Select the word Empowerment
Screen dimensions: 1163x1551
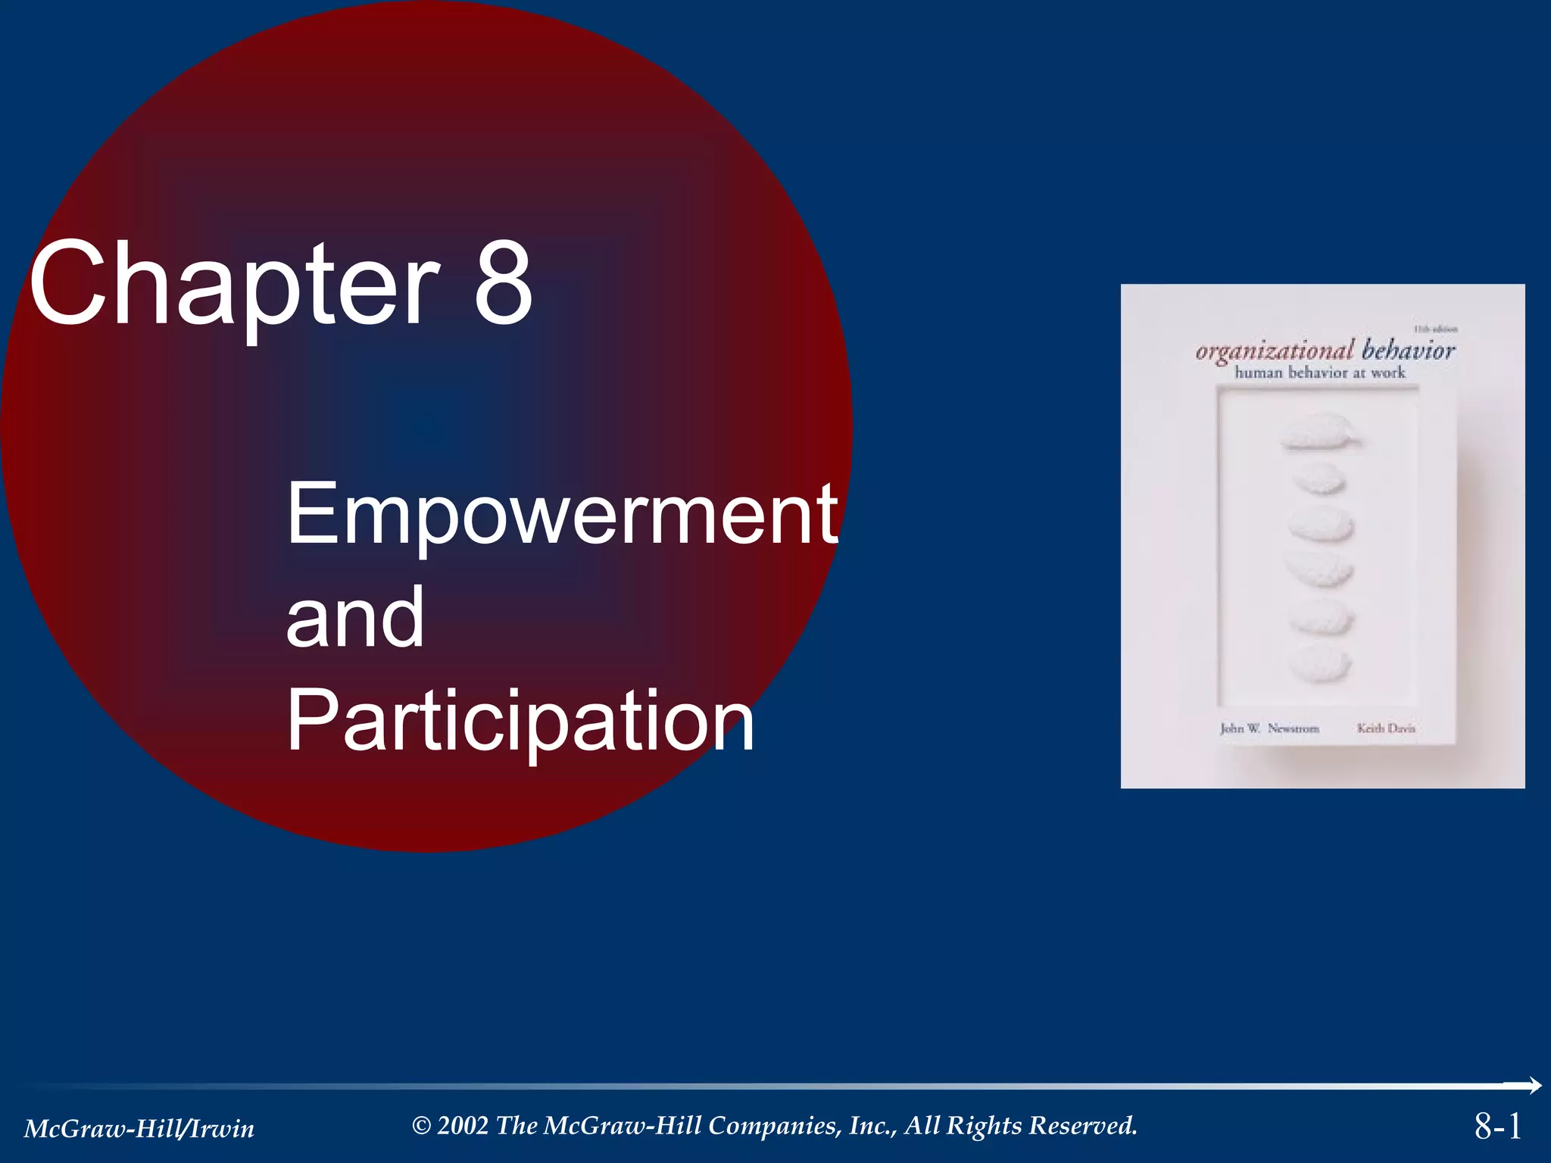coord(562,515)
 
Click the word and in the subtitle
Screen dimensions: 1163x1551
coord(354,618)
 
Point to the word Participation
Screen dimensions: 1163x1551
coord(520,722)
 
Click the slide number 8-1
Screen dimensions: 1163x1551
coord(1497,1126)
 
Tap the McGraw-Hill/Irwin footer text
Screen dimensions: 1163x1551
coord(139,1129)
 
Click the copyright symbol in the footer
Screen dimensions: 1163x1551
coord(421,1126)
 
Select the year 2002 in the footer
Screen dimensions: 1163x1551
coord(463,1126)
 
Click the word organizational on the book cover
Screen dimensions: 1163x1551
coord(1275,351)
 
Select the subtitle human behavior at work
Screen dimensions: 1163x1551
coord(1320,373)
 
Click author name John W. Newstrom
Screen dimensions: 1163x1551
coord(1269,728)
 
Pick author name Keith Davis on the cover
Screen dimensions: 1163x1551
coord(1386,728)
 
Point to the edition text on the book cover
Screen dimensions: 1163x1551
coord(1435,329)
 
